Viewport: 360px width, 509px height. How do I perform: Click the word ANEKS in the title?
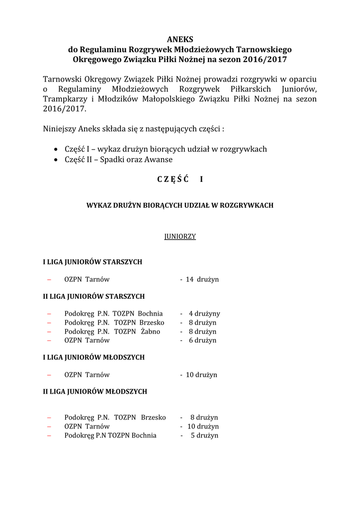[180, 39]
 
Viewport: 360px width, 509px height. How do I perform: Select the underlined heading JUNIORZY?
[180, 237]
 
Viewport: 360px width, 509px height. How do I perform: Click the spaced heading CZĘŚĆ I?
[180, 179]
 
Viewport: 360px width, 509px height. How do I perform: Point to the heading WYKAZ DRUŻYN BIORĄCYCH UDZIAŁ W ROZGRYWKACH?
[180, 205]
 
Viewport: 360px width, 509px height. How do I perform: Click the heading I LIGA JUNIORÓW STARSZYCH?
[92, 262]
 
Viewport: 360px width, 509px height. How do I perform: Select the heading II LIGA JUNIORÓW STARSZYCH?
[94, 296]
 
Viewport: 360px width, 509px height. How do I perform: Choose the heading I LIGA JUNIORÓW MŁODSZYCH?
[94, 357]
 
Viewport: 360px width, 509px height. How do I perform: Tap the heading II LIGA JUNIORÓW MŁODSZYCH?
[95, 392]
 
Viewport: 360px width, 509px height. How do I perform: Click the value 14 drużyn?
[202, 279]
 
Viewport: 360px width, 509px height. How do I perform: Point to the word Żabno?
[150, 332]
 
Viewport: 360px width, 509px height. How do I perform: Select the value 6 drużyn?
[202, 340]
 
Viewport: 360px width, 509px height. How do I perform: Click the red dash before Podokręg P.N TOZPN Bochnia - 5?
[49, 435]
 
